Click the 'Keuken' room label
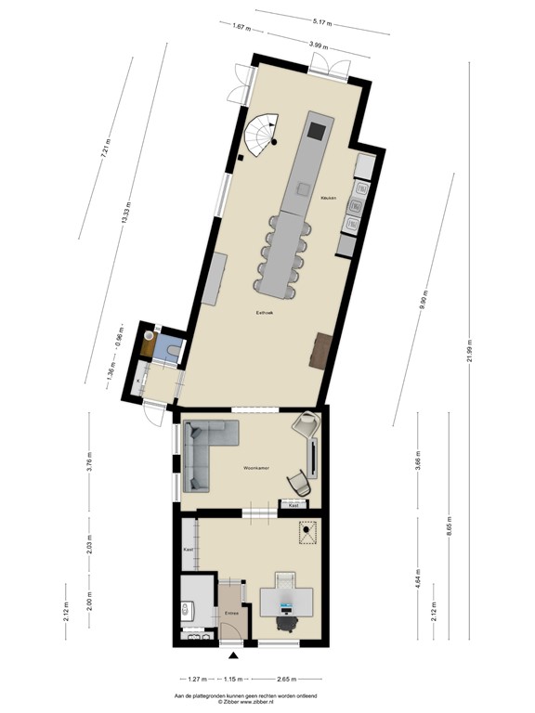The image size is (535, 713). [x=327, y=198]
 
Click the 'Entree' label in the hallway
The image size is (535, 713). [x=232, y=613]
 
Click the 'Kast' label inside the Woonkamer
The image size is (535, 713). [x=294, y=506]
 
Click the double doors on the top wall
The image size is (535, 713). [x=330, y=64]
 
